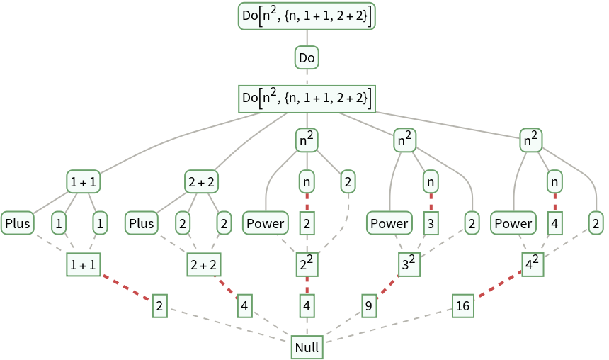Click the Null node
pos(307,348)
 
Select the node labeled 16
pos(463,306)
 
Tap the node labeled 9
pos(368,306)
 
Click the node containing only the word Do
pos(307,57)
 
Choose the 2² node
pos(307,266)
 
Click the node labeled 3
pos(431,224)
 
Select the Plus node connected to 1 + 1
pos(18,224)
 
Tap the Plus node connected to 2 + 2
pos(142,224)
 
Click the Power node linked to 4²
pos(513,224)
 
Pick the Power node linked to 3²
pos(389,224)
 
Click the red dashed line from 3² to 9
pos(387,286)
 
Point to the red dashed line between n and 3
pos(431,203)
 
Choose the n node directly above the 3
pos(431,182)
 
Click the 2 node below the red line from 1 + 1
pos(159,306)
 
